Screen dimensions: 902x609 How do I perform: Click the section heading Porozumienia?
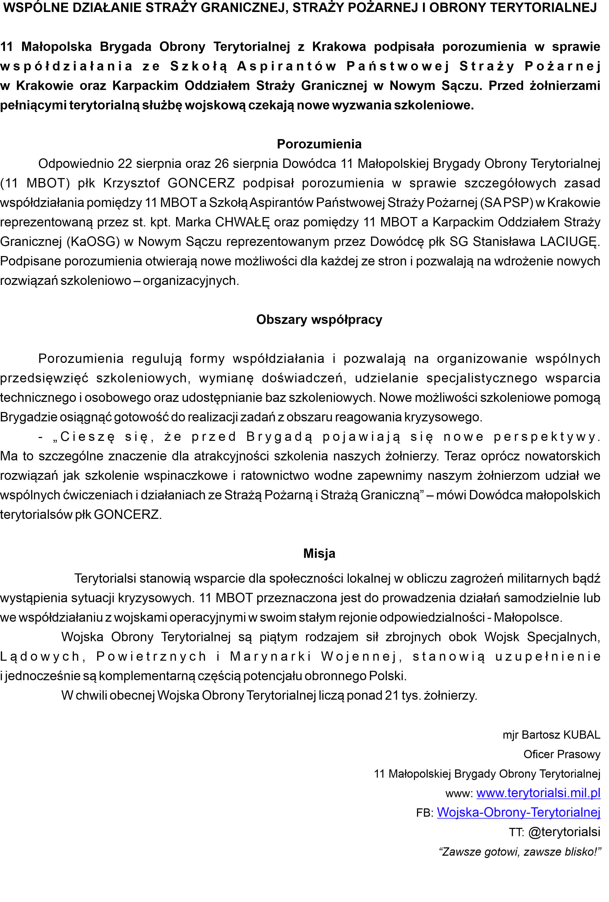click(x=319, y=144)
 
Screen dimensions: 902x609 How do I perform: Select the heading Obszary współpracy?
click(x=319, y=319)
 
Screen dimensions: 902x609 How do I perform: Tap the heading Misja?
click(x=319, y=553)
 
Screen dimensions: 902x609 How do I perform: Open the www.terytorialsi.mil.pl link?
click(x=538, y=793)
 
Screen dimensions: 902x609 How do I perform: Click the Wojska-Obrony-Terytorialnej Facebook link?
click(x=518, y=812)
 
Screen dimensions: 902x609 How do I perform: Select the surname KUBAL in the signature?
click(x=581, y=734)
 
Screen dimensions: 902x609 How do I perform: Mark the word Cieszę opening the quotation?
click(x=87, y=437)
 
